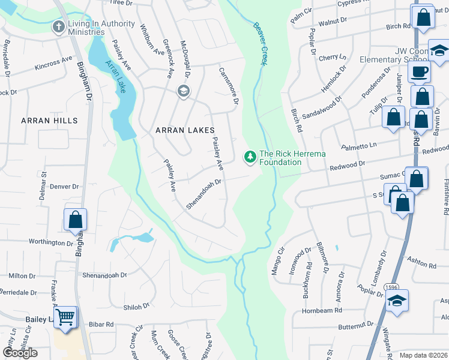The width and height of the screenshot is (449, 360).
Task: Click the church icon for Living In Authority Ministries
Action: pos(58,26)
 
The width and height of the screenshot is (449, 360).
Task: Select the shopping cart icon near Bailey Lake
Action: pos(66,316)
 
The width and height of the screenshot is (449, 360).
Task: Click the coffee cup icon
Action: pos(420,72)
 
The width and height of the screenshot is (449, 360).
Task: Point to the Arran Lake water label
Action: pos(115,76)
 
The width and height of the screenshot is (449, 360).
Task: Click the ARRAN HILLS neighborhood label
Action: pos(49,121)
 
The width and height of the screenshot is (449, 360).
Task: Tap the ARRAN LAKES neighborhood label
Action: pos(185,130)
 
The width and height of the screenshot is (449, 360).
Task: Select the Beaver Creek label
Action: pos(259,44)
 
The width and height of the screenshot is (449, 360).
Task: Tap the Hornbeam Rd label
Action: pos(322,310)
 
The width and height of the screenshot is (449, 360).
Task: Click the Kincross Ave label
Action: pos(53,63)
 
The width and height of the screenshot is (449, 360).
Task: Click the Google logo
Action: pos(20,352)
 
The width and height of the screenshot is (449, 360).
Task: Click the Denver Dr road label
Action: pos(64,187)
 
